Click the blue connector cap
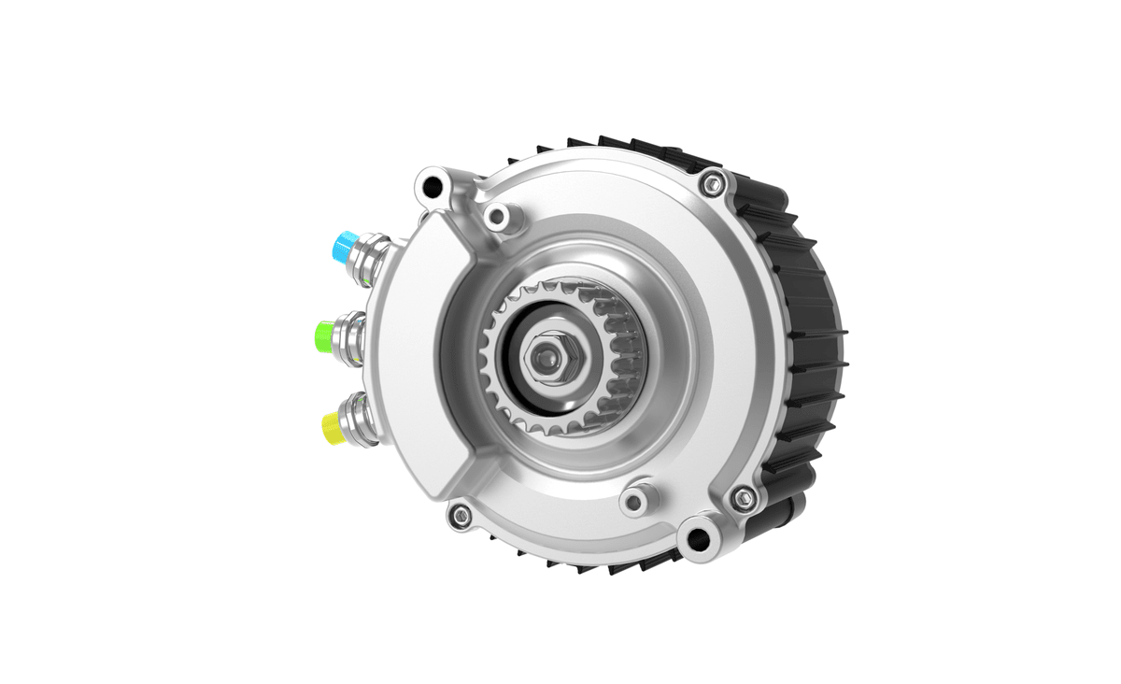[344, 246]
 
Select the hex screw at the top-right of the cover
[713, 184]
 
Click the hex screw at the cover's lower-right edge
[743, 497]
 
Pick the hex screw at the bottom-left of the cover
[459, 514]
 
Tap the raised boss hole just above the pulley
[498, 217]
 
